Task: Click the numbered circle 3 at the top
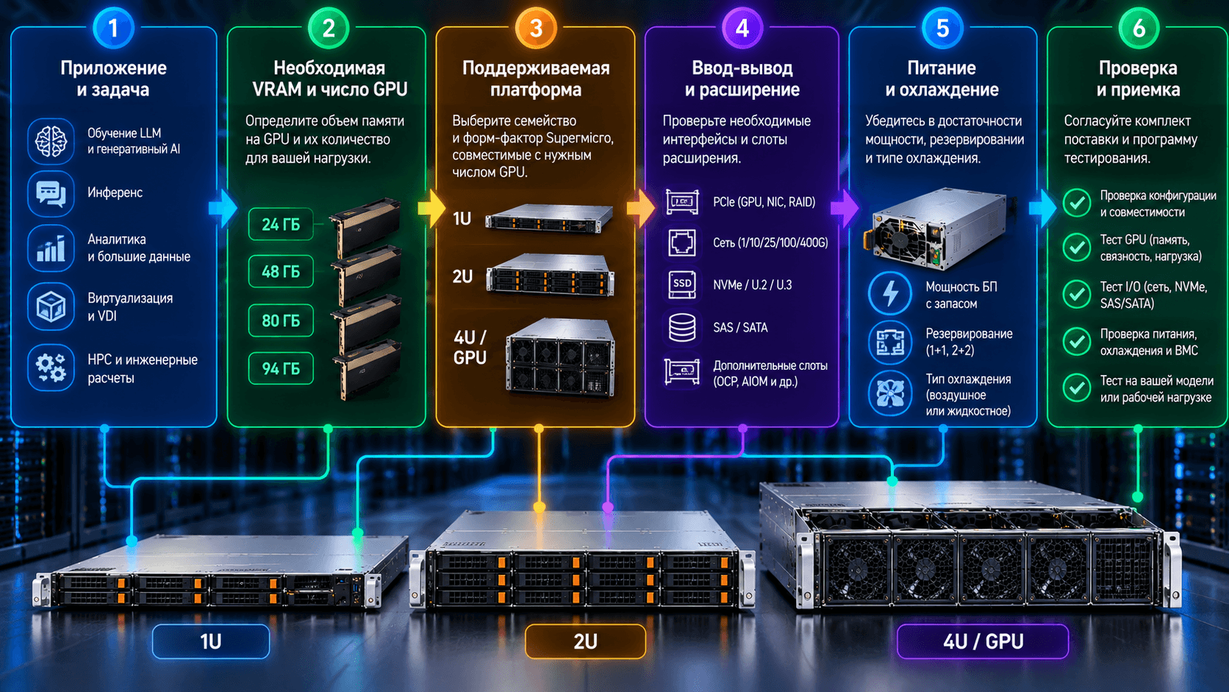pyautogui.click(x=536, y=28)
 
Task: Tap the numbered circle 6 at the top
pyautogui.click(x=1139, y=28)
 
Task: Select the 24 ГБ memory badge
pyautogui.click(x=281, y=224)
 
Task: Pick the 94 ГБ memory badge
pyautogui.click(x=281, y=368)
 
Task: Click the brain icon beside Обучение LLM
pyautogui.click(x=51, y=141)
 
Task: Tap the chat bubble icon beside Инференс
pyautogui.click(x=51, y=193)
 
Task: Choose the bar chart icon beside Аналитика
pyautogui.click(x=51, y=249)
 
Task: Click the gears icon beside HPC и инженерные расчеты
pyautogui.click(x=51, y=368)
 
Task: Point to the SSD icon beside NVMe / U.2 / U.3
pyautogui.click(x=682, y=285)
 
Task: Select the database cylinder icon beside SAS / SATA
pyautogui.click(x=682, y=328)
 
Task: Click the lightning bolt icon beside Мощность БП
pyautogui.click(x=890, y=293)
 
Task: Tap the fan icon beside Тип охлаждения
pyautogui.click(x=890, y=393)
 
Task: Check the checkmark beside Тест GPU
pyautogui.click(x=1076, y=248)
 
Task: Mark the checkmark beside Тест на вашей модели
pyautogui.click(x=1076, y=388)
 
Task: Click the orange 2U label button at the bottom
pyautogui.click(x=585, y=641)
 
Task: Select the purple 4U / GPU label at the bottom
pyautogui.click(x=983, y=641)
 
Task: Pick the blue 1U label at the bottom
pyautogui.click(x=211, y=641)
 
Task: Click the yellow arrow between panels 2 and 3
pyautogui.click(x=431, y=209)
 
